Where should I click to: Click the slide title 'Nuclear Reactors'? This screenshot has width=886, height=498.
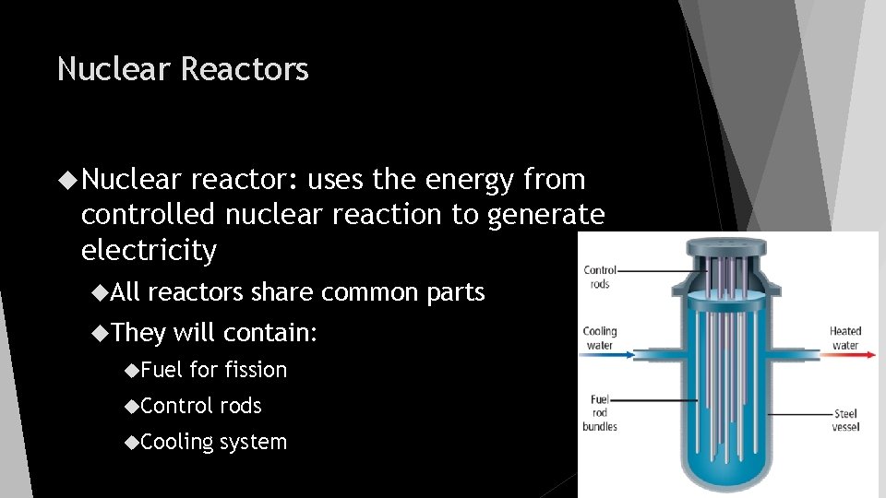(x=183, y=69)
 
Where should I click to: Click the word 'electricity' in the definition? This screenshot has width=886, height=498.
(x=149, y=250)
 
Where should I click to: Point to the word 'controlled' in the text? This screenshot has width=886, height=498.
(x=146, y=215)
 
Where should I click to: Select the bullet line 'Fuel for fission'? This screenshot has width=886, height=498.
(x=214, y=370)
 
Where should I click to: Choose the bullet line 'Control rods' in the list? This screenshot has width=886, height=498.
(x=201, y=406)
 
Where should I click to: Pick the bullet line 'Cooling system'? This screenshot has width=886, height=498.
(x=214, y=442)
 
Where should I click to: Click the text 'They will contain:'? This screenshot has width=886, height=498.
(x=215, y=332)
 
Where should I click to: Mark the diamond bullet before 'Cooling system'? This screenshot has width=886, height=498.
(x=131, y=442)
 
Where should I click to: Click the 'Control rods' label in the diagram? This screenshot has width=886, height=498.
(x=600, y=277)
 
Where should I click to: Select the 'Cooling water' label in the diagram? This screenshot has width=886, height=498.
(x=600, y=338)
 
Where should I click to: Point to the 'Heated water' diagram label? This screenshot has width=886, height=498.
(x=845, y=338)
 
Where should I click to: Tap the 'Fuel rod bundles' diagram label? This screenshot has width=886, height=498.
(x=600, y=412)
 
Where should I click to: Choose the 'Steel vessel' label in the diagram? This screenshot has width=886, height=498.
(x=845, y=420)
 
